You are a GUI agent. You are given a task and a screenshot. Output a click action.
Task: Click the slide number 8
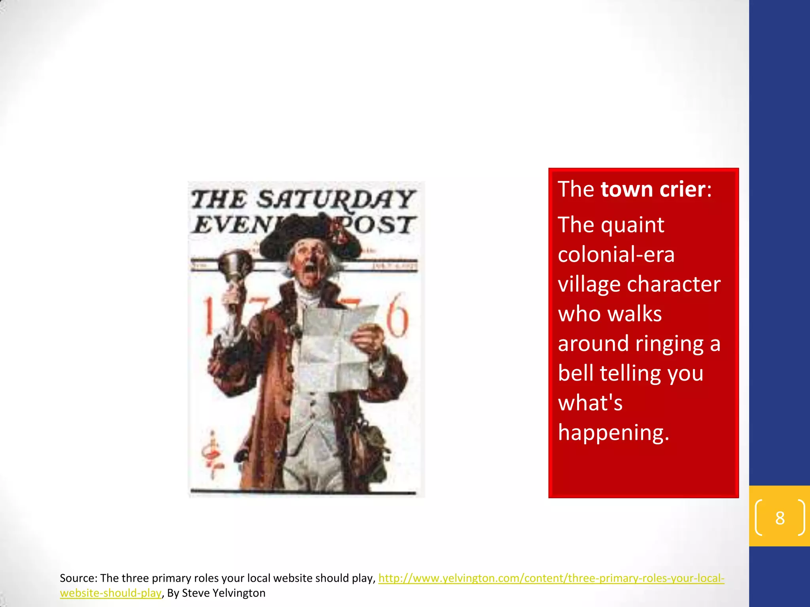[780, 518]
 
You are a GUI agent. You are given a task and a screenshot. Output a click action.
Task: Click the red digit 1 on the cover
[208, 316]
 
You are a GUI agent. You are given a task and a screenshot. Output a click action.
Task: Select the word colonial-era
[616, 254]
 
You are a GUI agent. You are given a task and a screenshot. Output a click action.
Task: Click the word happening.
[613, 432]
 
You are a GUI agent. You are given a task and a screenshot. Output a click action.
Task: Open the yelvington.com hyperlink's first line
[551, 578]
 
